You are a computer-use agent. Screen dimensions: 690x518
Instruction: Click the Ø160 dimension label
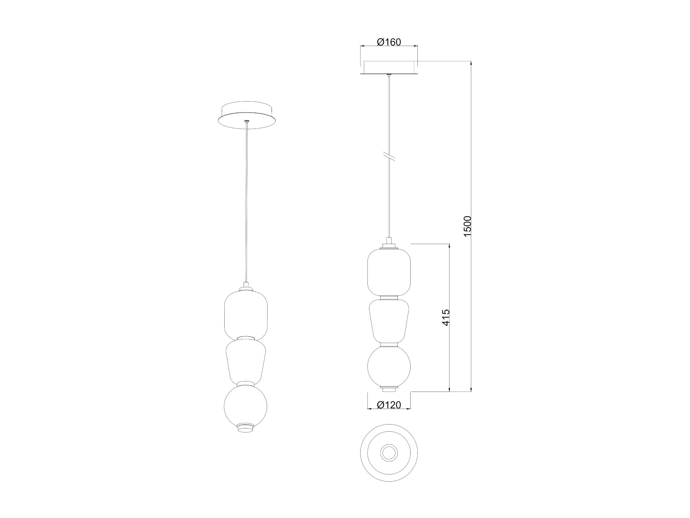tap(389, 42)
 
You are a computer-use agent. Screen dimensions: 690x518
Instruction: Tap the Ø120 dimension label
tap(389, 405)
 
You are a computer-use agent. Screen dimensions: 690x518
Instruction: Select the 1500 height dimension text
tap(467, 226)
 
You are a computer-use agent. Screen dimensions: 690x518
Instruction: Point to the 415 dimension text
tap(446, 317)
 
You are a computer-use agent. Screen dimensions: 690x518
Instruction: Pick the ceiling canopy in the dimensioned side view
tap(389, 68)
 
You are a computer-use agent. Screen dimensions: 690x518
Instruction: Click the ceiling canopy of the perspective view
tap(246, 115)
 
